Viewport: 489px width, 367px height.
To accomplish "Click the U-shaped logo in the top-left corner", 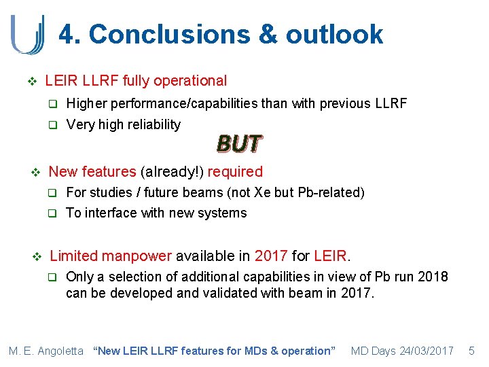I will pyautogui.click(x=28, y=34).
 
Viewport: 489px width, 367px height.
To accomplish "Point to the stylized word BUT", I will pyautogui.click(x=239, y=143).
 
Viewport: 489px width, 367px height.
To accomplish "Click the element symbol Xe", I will pyautogui.click(x=262, y=192).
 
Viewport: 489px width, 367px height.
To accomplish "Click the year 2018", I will pyautogui.click(x=433, y=277).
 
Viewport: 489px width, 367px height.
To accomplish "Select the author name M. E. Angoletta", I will pyautogui.click(x=46, y=351).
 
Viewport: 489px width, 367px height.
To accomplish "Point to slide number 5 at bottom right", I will pyautogui.click(x=472, y=351).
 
